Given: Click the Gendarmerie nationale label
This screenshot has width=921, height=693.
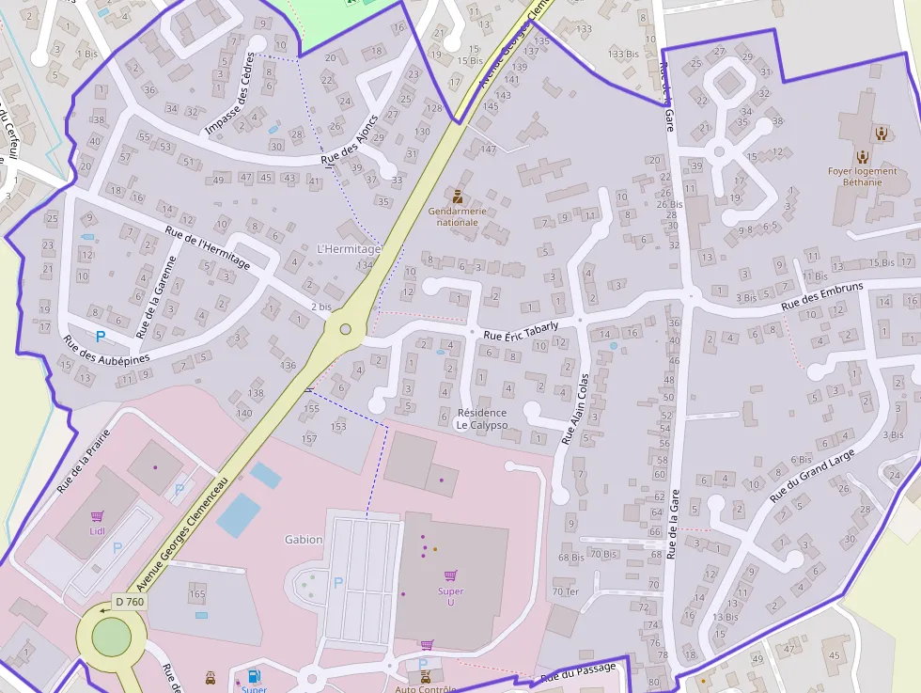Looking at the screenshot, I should pos(458,216).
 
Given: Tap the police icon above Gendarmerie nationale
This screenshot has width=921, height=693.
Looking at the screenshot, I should pos(458,197).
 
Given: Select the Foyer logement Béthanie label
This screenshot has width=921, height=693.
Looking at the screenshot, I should pos(862,176).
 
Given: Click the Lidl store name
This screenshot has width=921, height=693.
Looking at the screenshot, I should pos(97,531).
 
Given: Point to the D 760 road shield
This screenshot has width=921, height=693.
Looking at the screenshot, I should pos(128,602).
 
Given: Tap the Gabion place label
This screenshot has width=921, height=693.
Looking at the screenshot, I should pos(304,540).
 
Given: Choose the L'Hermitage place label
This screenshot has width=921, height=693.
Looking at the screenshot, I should pos(349,249).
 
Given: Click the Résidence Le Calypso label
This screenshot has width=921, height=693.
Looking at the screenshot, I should pos(481,418).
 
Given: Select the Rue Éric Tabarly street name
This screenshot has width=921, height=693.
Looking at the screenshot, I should pos(521,331).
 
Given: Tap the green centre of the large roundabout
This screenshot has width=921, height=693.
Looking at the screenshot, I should pos(112,639).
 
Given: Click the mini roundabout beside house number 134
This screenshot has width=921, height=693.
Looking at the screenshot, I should pos(345,329).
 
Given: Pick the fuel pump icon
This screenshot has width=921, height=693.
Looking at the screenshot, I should pos(254,676).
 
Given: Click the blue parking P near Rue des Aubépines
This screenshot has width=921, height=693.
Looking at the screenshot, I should pos(100,336).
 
